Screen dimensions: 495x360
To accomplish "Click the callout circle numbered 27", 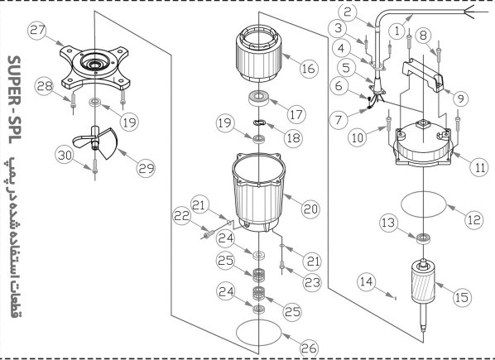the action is pos(37,31).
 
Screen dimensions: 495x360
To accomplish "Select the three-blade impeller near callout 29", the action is pos(95,142).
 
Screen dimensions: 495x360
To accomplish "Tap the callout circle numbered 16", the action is pos(309,68).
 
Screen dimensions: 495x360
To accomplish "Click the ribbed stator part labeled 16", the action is pos(259,53).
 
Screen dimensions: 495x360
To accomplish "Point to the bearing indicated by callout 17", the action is pos(259,98).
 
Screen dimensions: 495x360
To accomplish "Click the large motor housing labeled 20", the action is pos(258,193).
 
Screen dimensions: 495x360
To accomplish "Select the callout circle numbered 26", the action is pos(309,348).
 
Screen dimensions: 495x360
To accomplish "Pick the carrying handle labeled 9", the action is pos(423,74).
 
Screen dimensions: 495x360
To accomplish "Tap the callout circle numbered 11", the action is pos(479,167).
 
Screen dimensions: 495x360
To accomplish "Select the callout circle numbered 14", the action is pos(368,281).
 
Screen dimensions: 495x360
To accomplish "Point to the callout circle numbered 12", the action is pos(474,220).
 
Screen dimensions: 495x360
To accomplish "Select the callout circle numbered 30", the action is pos(65,156).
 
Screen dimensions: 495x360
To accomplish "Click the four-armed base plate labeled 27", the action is pos(95,68).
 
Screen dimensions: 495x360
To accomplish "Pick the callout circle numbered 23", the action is pos(312,283).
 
